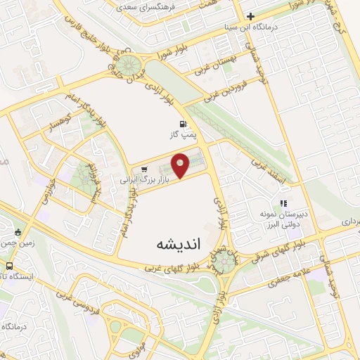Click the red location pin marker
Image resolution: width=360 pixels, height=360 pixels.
tap(181, 165)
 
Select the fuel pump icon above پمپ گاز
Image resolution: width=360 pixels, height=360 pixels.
tap(184, 122)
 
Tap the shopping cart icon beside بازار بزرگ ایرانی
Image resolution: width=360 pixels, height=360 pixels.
tap(144, 168)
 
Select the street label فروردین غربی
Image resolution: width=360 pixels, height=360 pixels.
tap(224, 91)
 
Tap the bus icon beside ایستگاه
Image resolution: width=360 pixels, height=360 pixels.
tap(9, 266)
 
